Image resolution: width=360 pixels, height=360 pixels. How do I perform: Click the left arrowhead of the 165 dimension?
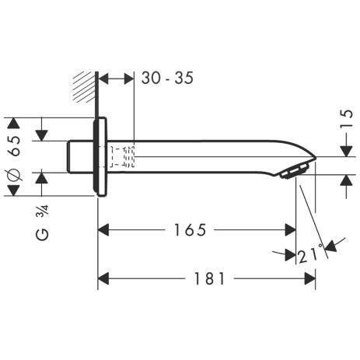[x=102, y=230]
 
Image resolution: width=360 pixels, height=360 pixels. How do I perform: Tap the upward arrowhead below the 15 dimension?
[x=343, y=180]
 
